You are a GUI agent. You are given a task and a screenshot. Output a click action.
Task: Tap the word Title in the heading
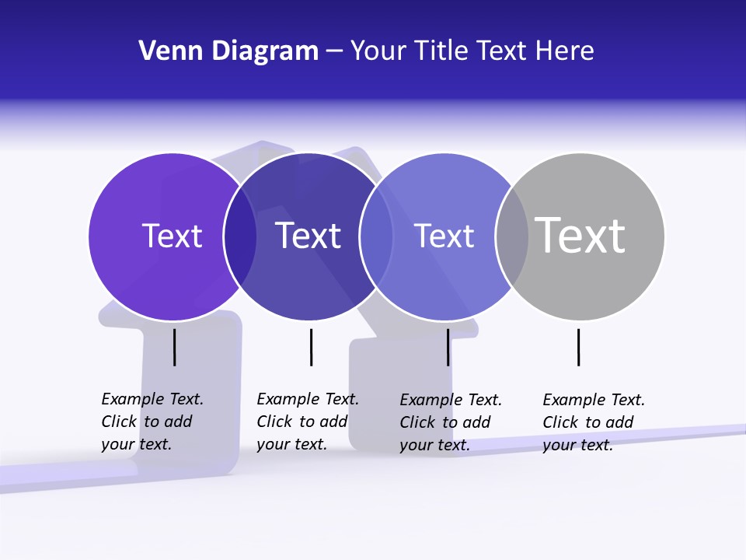tap(441, 51)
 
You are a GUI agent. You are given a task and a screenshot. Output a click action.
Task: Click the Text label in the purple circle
tap(172, 236)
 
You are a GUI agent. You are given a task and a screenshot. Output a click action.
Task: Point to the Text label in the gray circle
tap(580, 235)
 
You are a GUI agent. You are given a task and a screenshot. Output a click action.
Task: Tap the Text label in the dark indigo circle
tap(308, 236)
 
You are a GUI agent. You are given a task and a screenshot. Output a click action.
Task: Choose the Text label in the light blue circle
tap(444, 236)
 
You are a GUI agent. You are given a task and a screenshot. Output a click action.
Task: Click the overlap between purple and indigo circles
tap(240, 236)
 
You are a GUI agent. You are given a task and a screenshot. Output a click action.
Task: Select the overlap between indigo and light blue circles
tap(376, 236)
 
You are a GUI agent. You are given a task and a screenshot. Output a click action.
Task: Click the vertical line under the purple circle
tap(175, 347)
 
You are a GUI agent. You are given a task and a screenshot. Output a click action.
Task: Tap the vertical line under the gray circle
tap(579, 347)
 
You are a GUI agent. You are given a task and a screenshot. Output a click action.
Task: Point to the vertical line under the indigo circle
tap(311, 347)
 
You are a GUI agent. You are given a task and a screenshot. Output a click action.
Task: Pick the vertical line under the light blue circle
tap(448, 347)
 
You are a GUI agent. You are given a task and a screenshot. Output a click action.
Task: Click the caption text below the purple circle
tap(152, 422)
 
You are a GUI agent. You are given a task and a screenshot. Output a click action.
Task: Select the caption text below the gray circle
tap(593, 422)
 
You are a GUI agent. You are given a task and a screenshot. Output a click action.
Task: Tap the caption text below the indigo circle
tap(307, 422)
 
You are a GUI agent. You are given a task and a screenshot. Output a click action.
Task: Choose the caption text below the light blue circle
tap(450, 422)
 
